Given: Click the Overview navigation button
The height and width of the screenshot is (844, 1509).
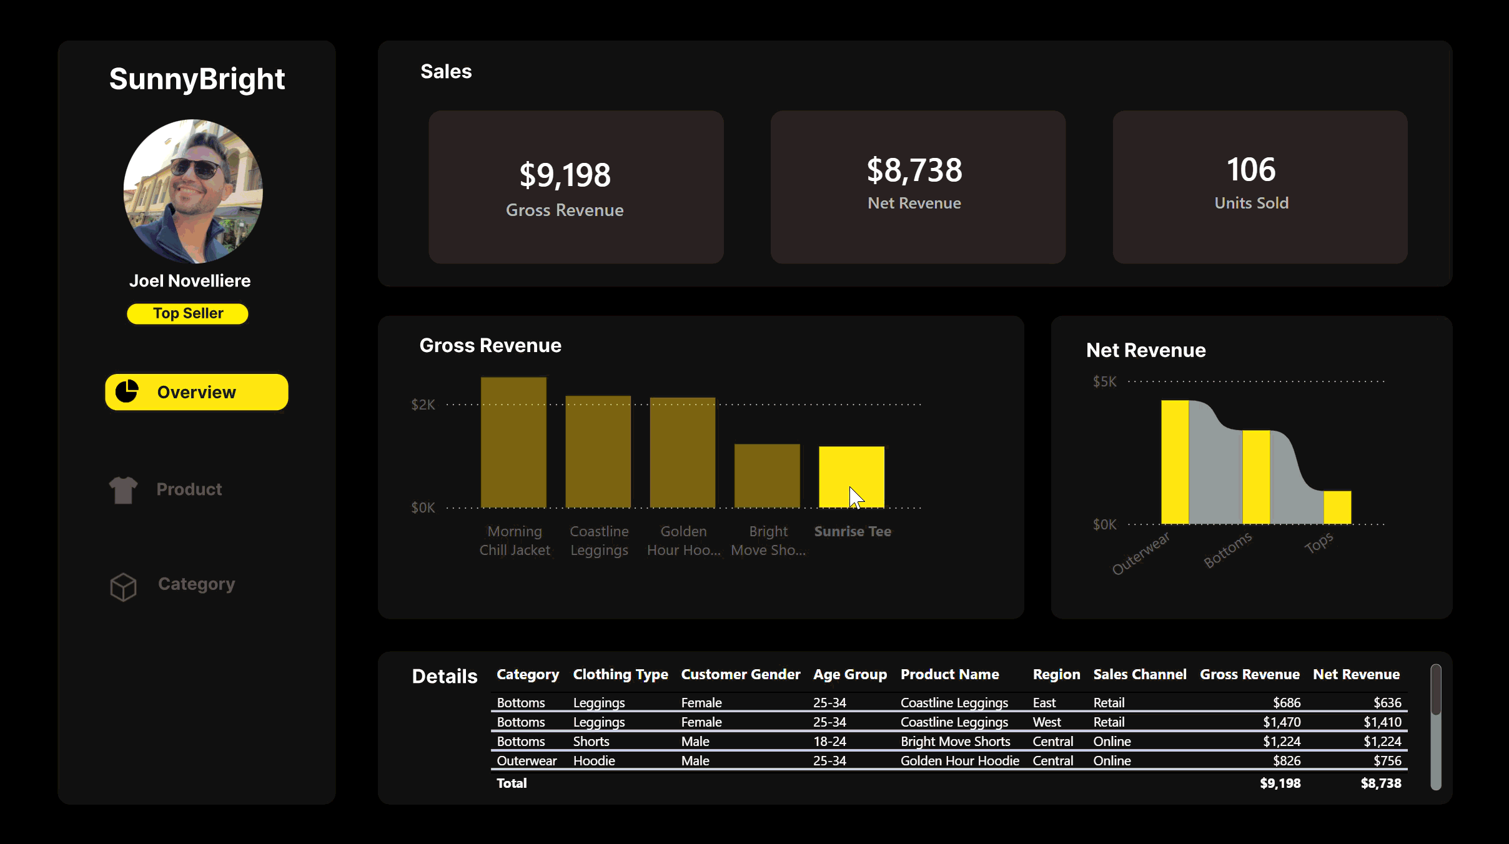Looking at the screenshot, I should pyautogui.click(x=196, y=392).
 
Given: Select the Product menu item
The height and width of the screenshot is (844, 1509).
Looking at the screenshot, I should pyautogui.click(x=189, y=489).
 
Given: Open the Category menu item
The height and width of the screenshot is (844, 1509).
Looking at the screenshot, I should pyautogui.click(x=196, y=584).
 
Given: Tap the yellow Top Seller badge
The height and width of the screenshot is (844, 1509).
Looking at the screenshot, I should pyautogui.click(x=187, y=313).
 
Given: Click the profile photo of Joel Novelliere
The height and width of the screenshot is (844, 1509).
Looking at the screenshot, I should pyautogui.click(x=193, y=191).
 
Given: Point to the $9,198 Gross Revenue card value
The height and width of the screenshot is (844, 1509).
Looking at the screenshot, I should pyautogui.click(x=565, y=175).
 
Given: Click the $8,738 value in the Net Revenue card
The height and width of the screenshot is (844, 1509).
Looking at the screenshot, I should pyautogui.click(x=914, y=170).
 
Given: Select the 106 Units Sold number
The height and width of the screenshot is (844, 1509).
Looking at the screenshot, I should pyautogui.click(x=1251, y=170).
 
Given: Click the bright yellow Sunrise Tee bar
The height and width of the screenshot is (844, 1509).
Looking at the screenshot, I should pyautogui.click(x=851, y=476).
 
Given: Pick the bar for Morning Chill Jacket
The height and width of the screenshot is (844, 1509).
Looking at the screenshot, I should pyautogui.click(x=513, y=443).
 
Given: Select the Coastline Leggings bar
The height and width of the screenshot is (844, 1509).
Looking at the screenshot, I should pyautogui.click(x=598, y=452).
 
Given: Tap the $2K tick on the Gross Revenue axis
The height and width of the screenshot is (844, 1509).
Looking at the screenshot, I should pyautogui.click(x=423, y=405).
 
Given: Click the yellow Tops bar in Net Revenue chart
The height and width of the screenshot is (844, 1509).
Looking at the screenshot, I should pyautogui.click(x=1337, y=507).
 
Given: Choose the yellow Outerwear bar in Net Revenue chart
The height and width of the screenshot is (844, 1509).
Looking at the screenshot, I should pyautogui.click(x=1175, y=462).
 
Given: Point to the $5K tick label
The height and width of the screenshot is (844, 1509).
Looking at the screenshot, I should pyautogui.click(x=1104, y=381).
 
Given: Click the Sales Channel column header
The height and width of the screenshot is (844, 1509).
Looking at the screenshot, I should pyautogui.click(x=1139, y=674).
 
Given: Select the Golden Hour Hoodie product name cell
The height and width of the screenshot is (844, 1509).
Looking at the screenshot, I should pyautogui.click(x=959, y=760).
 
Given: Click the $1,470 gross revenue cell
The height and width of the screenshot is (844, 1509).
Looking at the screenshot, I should pyautogui.click(x=1282, y=722).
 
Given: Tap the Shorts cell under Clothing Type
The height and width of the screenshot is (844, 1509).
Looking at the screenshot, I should pyautogui.click(x=591, y=741).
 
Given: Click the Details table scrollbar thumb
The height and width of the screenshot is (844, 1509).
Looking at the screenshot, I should pyautogui.click(x=1436, y=690).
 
